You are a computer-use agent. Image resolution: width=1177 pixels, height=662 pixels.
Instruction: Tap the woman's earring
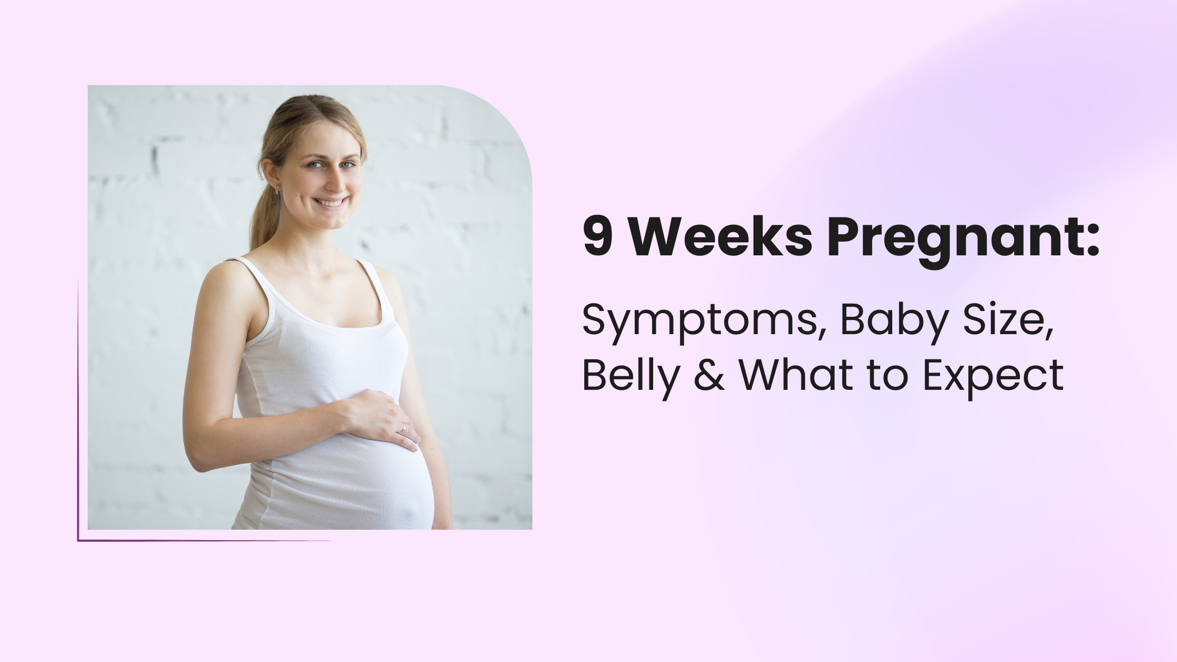(x=277, y=190)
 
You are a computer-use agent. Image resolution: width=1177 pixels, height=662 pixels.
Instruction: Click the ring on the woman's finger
(x=402, y=428)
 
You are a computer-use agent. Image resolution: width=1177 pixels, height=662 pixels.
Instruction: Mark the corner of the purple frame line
(x=78, y=540)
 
